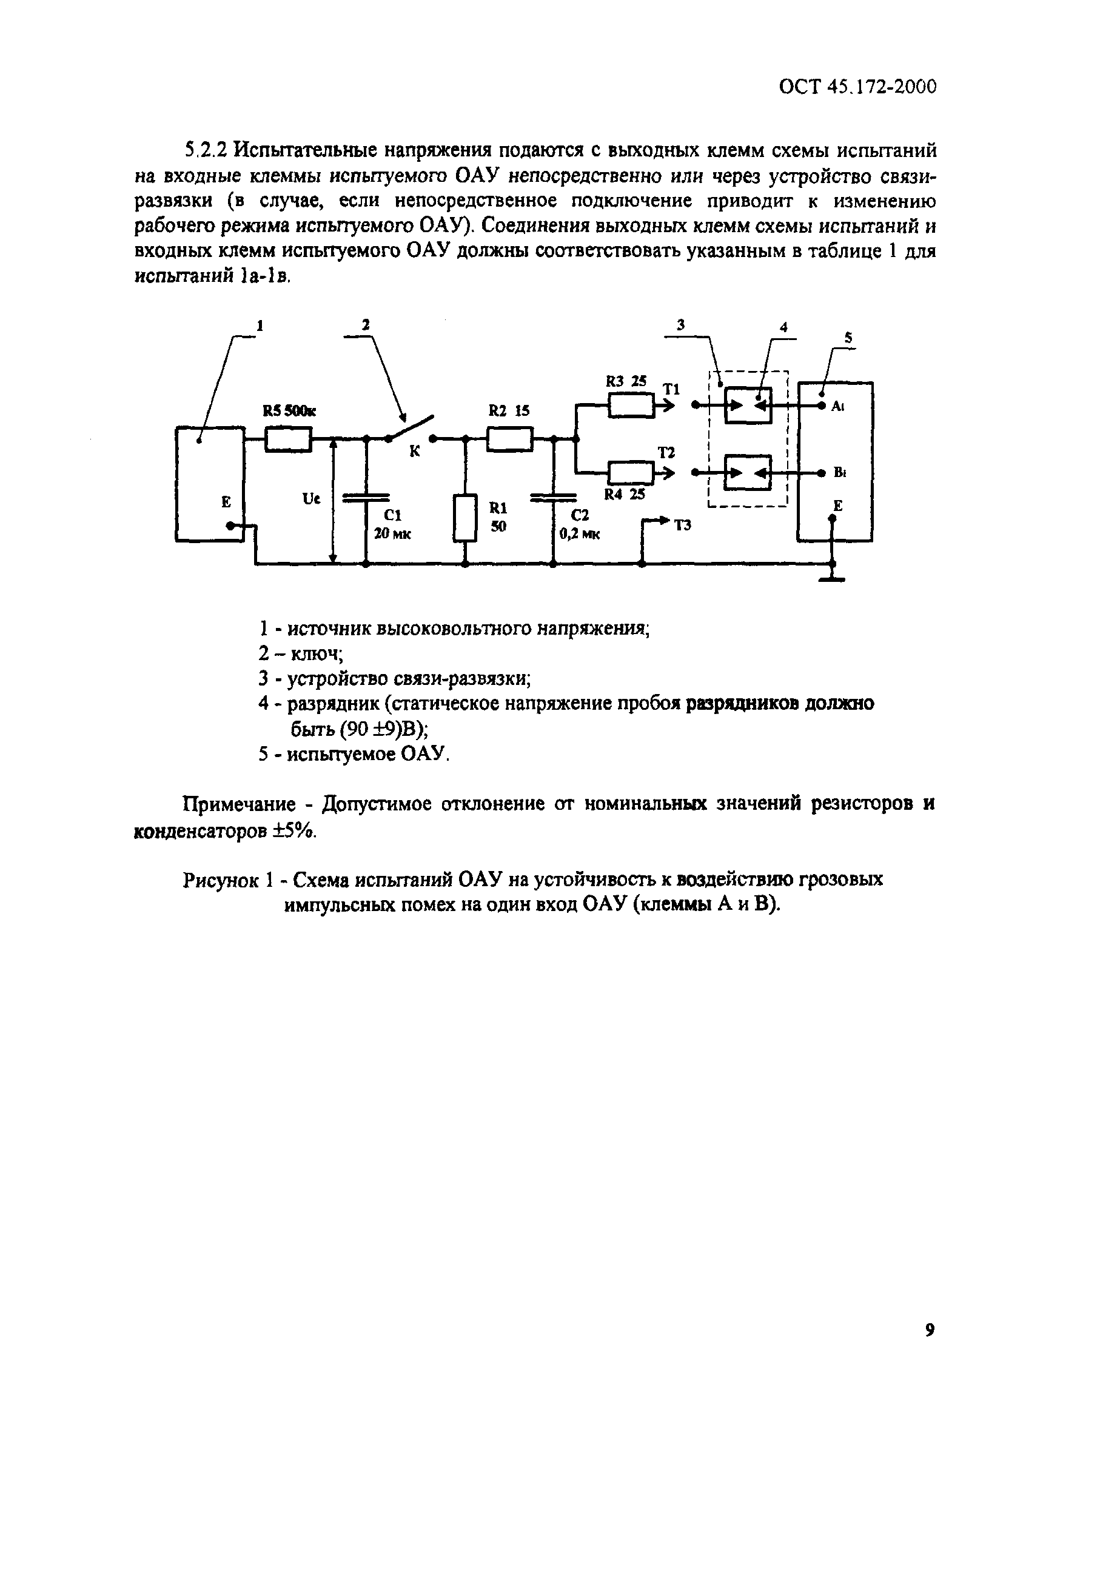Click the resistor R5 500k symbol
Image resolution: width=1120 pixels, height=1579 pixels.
[x=288, y=439]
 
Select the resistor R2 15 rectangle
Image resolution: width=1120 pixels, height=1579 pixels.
[x=509, y=439]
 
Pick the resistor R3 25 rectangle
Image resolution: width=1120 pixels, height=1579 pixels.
[x=631, y=406]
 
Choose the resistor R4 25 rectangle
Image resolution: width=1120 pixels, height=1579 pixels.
[x=631, y=473]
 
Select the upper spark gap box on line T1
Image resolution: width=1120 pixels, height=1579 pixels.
[x=748, y=406]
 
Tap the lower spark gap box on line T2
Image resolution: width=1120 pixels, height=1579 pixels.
[x=748, y=473]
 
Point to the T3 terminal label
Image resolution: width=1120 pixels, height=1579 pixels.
[x=682, y=526]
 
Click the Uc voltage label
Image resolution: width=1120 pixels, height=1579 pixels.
[x=311, y=499]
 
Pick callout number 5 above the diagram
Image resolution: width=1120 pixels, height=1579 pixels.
[x=848, y=338]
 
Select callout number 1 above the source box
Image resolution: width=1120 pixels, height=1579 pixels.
[x=260, y=325]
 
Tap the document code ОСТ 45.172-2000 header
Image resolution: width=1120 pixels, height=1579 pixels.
[x=857, y=87]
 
